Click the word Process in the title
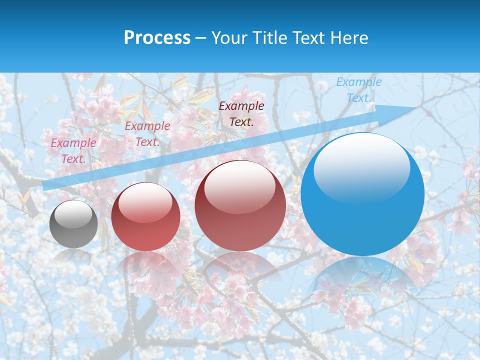(x=157, y=37)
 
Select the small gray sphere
(x=73, y=224)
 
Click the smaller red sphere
(x=145, y=216)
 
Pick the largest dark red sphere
(x=240, y=205)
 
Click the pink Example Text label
(x=73, y=150)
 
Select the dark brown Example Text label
(x=241, y=113)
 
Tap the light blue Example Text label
(x=359, y=90)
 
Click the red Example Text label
(x=147, y=134)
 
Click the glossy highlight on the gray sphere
(x=73, y=214)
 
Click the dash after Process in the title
(x=200, y=38)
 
